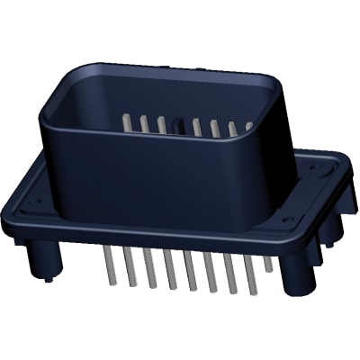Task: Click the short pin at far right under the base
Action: pos(269,263)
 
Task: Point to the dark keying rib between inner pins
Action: pos(179,125)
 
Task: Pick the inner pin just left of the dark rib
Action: pos(162,124)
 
